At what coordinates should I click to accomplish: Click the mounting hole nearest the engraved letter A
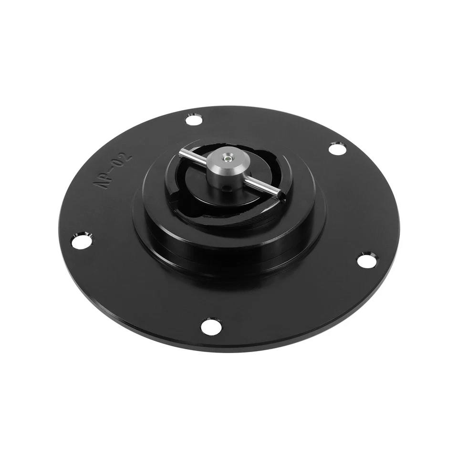pyautogui.click(x=82, y=240)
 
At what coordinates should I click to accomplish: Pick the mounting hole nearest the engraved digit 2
pyautogui.click(x=193, y=119)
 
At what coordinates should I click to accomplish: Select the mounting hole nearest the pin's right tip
pyautogui.click(x=338, y=149)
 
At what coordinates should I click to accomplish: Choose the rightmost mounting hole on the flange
pyautogui.click(x=366, y=260)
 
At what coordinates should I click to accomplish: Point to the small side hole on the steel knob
pyautogui.click(x=228, y=187)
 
